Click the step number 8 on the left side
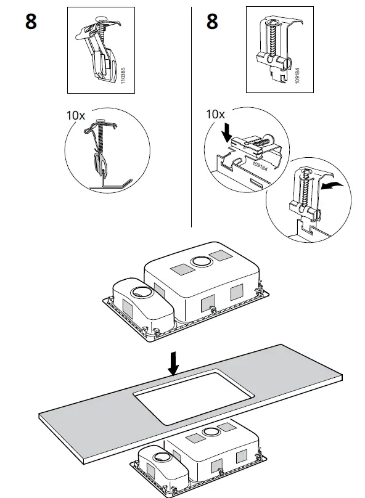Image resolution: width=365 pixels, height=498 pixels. [31, 22]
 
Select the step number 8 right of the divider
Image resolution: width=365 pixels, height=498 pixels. [212, 22]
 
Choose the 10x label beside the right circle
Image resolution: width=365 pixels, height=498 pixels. [215, 114]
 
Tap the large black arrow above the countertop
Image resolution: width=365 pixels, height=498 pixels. [174, 363]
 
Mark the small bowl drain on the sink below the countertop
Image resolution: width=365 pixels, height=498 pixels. [163, 457]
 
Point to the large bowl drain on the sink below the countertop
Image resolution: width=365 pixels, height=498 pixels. [212, 431]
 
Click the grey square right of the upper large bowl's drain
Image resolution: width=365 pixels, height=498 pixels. [219, 255]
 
